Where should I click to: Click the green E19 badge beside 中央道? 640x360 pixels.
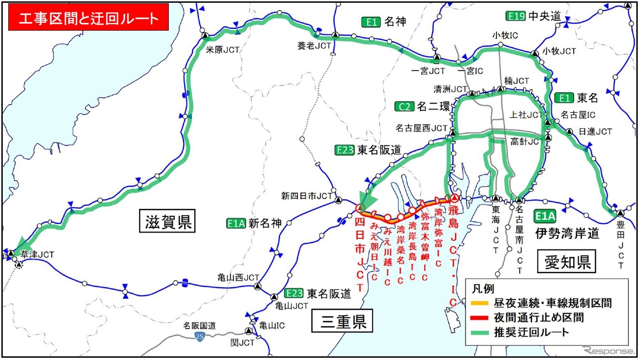click(x=516, y=16)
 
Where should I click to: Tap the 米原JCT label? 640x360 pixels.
click(x=223, y=50)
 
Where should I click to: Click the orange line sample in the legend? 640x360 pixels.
click(x=480, y=303)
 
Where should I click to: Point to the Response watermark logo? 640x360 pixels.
click(x=606, y=350)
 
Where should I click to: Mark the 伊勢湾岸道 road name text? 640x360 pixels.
click(x=567, y=234)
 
